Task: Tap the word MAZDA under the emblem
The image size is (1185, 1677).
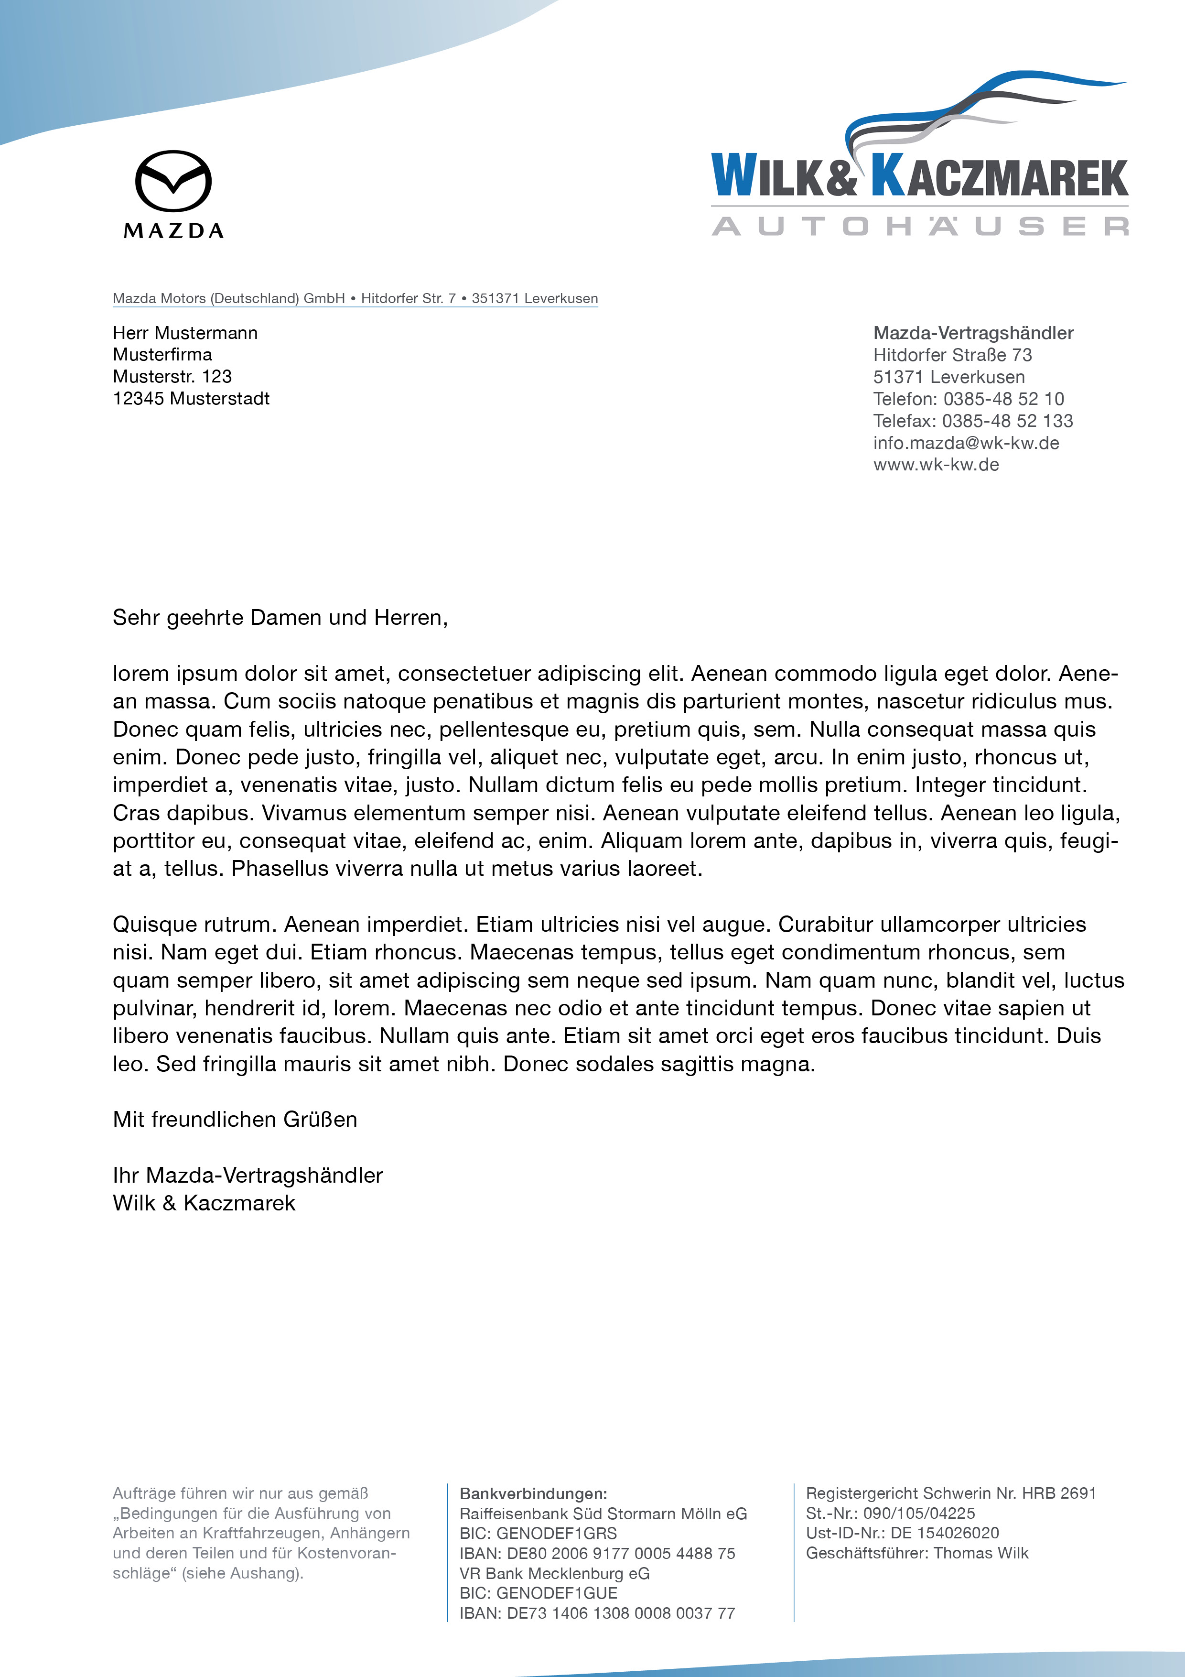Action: click(174, 231)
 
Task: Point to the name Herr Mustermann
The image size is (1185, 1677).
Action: click(185, 333)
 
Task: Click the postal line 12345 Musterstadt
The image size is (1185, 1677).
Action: click(191, 399)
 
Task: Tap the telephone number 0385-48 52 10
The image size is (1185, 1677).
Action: click(1003, 399)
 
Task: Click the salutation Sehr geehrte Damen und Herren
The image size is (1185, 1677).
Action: click(280, 618)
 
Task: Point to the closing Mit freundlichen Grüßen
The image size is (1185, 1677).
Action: click(234, 1120)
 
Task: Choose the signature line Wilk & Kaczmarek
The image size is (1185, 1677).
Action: click(204, 1203)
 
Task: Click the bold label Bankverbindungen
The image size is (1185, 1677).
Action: click(533, 1494)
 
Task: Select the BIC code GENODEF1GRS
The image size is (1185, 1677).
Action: click(556, 1533)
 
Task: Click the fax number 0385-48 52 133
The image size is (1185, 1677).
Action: click(1007, 421)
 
